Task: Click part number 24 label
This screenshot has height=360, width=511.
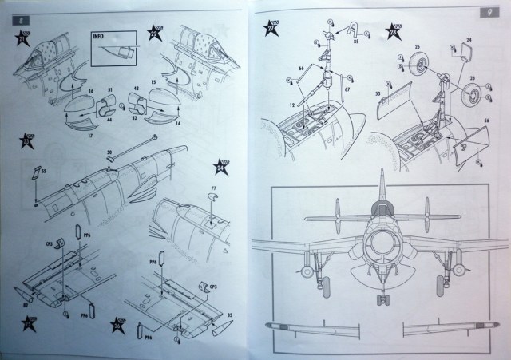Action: [469, 39]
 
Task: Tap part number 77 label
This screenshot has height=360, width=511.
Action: [213, 188]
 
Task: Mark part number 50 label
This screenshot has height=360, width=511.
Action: [109, 149]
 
